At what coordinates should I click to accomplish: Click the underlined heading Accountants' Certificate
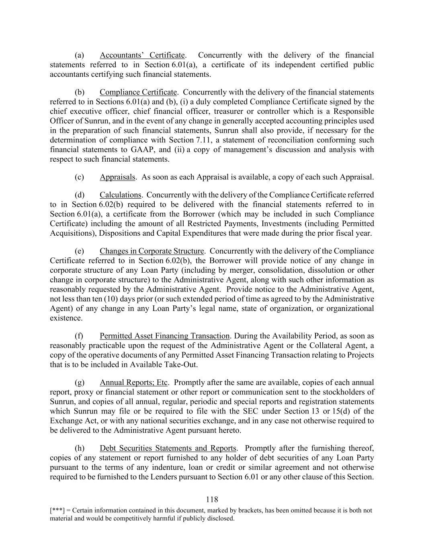(142, 55)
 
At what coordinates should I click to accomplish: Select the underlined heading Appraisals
(117, 177)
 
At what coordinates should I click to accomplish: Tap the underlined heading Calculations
(120, 195)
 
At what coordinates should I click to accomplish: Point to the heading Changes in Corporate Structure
(152, 251)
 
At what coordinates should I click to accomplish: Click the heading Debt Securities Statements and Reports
(168, 448)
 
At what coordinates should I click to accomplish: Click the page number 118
(212, 500)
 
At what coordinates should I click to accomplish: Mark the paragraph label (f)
(79, 336)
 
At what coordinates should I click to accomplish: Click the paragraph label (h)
(79, 448)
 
